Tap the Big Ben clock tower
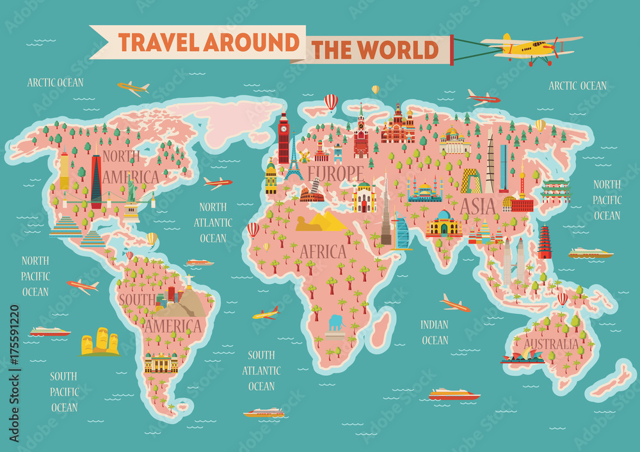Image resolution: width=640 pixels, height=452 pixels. pos(284,137)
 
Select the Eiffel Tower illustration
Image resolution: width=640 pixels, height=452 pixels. pos(293,159)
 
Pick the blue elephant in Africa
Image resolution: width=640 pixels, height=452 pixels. pos(336,322)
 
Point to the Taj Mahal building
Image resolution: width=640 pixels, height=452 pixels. pos(444,224)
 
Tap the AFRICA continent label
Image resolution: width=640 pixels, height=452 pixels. pos(323,251)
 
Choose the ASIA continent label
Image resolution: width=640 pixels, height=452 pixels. pos(477,206)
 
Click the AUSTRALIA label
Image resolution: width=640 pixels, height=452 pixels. pos(551,344)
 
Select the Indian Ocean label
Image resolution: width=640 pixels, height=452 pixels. pos(435,332)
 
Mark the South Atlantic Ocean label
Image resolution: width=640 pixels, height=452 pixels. pos(261,370)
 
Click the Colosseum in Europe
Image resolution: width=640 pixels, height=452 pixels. pos(312,194)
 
